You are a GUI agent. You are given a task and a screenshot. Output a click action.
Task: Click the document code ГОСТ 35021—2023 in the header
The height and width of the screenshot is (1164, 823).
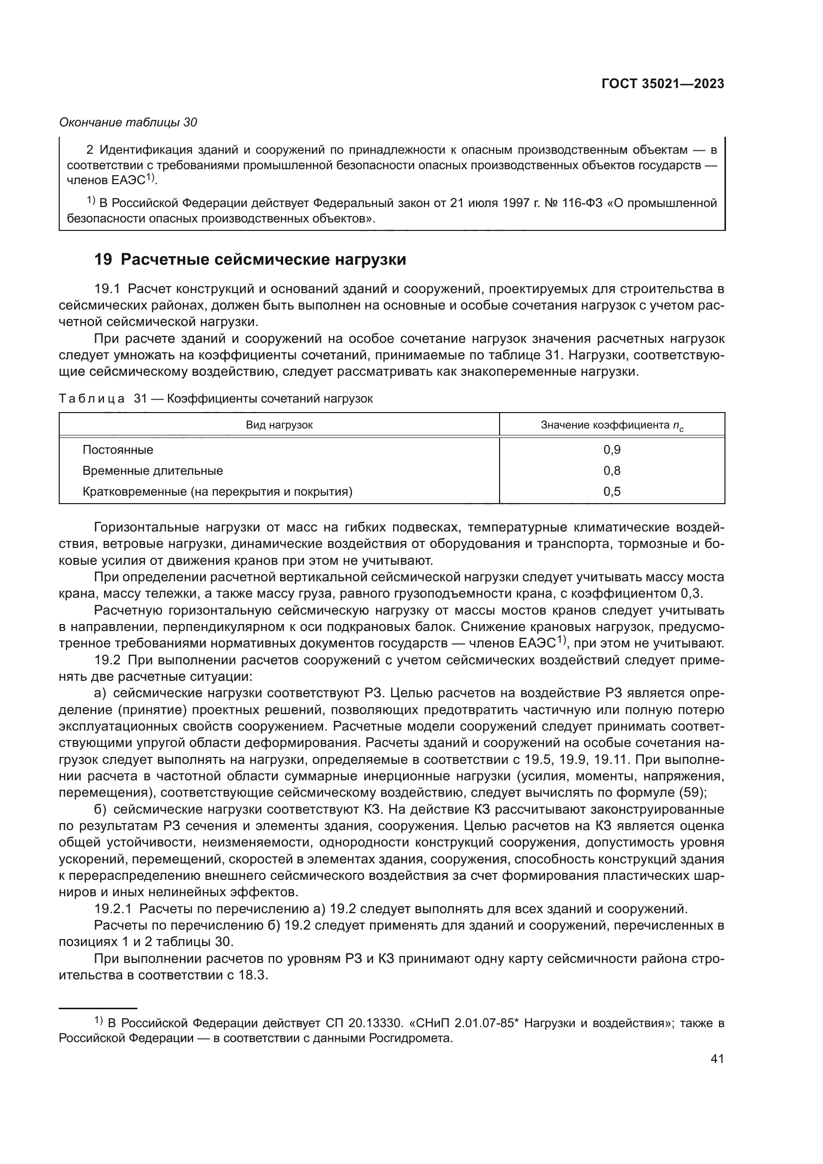662,84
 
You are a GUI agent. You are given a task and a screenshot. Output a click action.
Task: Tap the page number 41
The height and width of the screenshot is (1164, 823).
717,1058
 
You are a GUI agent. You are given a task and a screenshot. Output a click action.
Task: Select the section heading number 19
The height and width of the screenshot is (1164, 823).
103,260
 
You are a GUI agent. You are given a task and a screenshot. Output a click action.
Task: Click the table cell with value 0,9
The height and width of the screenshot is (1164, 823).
612,450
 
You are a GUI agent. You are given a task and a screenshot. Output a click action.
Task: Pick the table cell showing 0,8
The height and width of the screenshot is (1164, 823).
612,470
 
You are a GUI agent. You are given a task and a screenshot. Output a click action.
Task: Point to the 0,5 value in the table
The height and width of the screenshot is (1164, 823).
612,491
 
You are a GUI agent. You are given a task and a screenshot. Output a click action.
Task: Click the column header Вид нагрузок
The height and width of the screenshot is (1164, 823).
279,425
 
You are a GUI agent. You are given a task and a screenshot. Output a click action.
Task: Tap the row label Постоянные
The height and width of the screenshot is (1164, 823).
117,450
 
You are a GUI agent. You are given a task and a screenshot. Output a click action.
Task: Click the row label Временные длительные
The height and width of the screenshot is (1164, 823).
153,470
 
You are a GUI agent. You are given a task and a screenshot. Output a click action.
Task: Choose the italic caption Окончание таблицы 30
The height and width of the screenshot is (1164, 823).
128,122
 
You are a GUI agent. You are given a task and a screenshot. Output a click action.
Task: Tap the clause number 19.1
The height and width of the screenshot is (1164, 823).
107,290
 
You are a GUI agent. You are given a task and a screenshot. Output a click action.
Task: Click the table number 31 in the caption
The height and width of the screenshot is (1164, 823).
140,399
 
